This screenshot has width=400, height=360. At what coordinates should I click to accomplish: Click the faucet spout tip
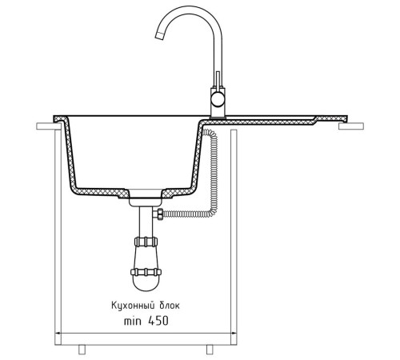(159, 36)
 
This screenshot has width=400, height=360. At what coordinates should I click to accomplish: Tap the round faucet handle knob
(217, 100)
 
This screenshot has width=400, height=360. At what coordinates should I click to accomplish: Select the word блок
(170, 305)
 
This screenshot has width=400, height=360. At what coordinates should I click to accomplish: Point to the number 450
(158, 321)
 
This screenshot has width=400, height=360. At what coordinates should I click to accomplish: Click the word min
(133, 321)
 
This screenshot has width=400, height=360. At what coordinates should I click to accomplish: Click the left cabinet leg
(82, 350)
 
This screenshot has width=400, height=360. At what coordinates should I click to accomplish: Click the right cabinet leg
(210, 350)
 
